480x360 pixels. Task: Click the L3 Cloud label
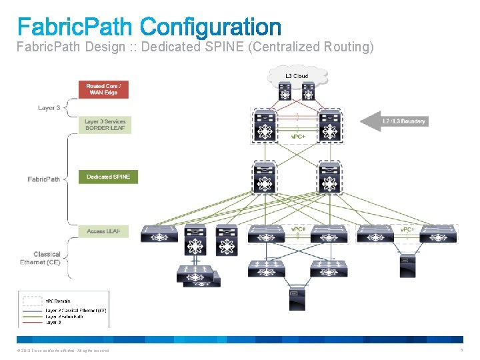coord(297,76)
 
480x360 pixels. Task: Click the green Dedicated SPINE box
coord(108,177)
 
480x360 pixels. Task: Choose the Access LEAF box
coord(105,231)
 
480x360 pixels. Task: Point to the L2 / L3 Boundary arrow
coord(393,121)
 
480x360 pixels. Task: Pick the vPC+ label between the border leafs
coord(298,137)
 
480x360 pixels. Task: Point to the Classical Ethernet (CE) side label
coord(41,259)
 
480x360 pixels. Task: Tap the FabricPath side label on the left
coord(44,179)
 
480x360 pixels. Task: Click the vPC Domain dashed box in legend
coord(31,300)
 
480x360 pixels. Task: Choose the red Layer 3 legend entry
coord(53,321)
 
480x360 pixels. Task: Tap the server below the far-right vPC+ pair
coord(407,265)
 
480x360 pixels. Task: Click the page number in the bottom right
coord(461,351)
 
